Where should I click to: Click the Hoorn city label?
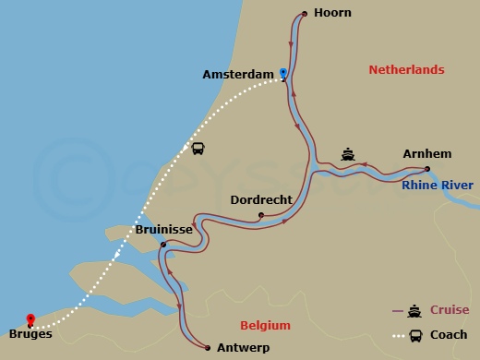[332, 13]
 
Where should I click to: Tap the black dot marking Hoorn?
[304, 13]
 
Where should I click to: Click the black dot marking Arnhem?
[426, 169]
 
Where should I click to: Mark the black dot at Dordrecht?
[261, 216]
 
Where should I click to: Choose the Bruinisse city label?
[164, 229]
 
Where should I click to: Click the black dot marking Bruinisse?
[162, 245]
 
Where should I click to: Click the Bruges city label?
[30, 334]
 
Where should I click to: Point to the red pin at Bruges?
[30, 319]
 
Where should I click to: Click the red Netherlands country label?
[406, 70]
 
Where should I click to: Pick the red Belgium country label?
[265, 326]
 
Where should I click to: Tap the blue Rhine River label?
[437, 186]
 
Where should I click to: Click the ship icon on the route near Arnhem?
[348, 154]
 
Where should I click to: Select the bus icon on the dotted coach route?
[198, 149]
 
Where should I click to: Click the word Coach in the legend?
[448, 335]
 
